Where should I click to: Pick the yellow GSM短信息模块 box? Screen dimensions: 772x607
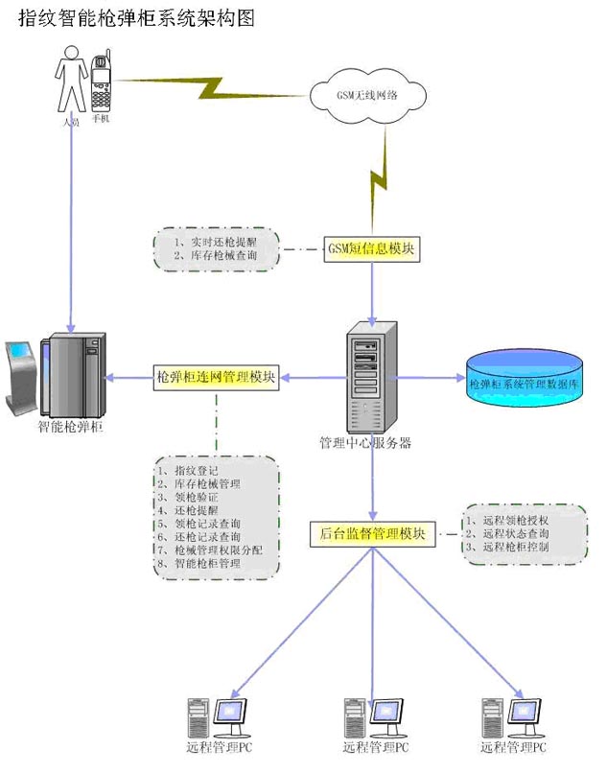pos(372,249)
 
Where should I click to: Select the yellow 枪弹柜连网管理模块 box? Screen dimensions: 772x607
pos(217,377)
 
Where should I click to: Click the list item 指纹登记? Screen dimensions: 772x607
pos(196,471)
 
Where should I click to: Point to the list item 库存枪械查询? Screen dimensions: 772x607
pos(215,257)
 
